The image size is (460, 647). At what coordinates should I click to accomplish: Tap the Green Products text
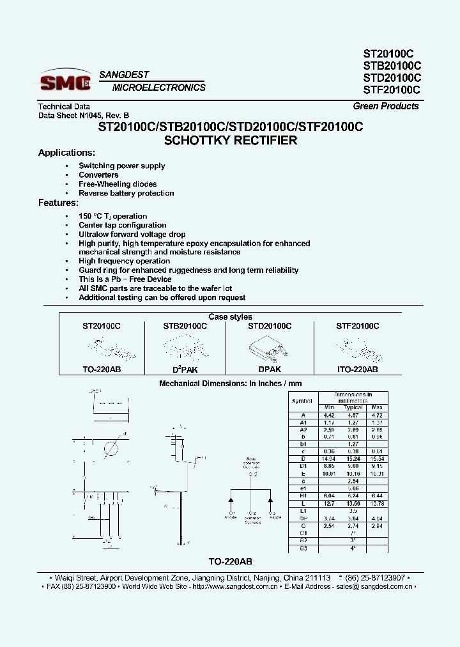click(x=386, y=106)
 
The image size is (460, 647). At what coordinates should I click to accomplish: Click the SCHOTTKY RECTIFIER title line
click(x=231, y=140)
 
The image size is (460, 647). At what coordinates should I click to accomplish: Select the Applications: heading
click(x=66, y=153)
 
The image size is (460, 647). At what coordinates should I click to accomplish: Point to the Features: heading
click(x=58, y=203)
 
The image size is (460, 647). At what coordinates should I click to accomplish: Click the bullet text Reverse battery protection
click(x=126, y=193)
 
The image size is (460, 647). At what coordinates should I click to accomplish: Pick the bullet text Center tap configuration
click(x=122, y=225)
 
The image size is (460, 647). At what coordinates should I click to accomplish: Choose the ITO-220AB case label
click(x=357, y=370)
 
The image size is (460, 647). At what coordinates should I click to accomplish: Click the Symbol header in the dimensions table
click(x=302, y=401)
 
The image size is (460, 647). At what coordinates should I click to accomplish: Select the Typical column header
click(x=353, y=407)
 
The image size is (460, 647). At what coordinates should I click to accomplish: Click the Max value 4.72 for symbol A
click(x=377, y=414)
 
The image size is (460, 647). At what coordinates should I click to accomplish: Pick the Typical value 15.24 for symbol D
click(x=353, y=459)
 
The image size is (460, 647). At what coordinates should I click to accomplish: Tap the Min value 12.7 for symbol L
click(x=329, y=504)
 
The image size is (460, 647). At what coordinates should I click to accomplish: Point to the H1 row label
click(x=302, y=496)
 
